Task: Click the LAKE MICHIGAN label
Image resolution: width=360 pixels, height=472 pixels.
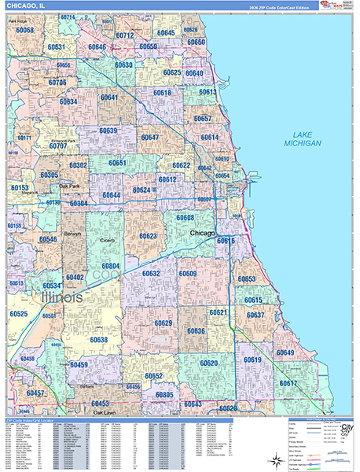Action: point(303,139)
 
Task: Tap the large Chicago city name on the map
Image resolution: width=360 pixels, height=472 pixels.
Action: point(203,234)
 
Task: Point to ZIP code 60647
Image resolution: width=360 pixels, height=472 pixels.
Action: point(149,138)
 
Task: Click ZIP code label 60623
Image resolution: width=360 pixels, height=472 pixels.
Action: point(148,236)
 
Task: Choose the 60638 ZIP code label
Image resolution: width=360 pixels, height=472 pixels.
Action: point(99,340)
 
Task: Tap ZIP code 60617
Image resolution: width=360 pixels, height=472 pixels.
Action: point(288,383)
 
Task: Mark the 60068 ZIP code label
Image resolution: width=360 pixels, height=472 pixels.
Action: point(24,31)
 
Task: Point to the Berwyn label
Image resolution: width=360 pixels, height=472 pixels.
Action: point(72,234)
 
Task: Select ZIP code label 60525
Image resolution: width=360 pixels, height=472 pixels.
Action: point(18,314)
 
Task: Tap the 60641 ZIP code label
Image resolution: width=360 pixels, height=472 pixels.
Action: point(108,98)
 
